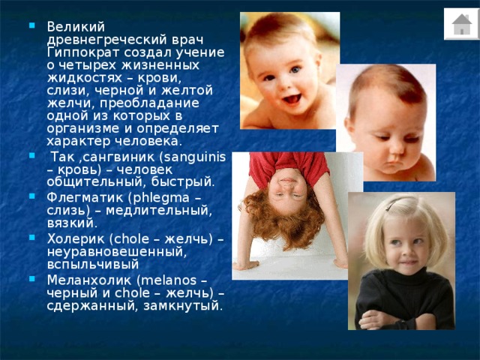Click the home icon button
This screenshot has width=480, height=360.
coord(462,24)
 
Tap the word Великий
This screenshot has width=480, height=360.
coord(76,27)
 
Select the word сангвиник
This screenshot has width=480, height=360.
coord(118,157)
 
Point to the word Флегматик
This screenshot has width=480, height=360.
coord(85,197)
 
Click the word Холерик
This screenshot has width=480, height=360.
coord(76,238)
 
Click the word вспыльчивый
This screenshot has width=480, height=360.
coord(93,265)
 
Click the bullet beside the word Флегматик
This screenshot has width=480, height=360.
coord(31,196)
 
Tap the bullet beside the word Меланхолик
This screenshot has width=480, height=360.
coord(31,278)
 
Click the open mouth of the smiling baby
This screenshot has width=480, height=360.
coord(292,99)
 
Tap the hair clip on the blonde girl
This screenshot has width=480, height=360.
coord(396,202)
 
